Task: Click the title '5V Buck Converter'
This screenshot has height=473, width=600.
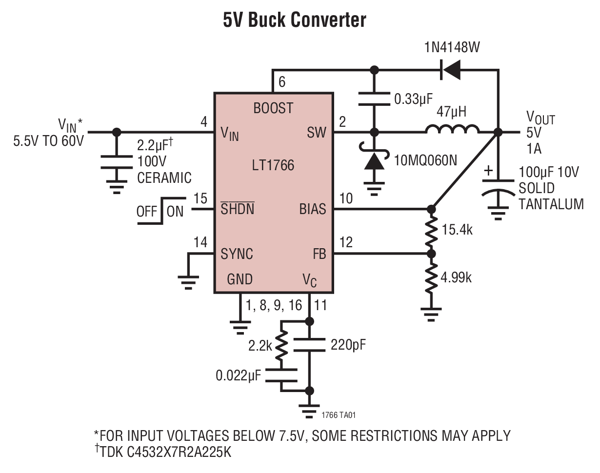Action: [295, 20]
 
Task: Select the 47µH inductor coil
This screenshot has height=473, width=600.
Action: [452, 130]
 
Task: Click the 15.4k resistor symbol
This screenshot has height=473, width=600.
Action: [431, 232]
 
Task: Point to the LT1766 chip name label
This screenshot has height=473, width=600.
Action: [274, 165]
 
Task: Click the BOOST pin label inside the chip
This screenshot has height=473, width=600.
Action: [273, 108]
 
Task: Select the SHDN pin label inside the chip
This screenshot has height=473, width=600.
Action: [238, 210]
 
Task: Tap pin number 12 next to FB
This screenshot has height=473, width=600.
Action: [345, 242]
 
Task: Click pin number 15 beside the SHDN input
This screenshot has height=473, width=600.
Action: [200, 198]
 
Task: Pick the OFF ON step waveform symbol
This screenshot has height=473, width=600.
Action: [160, 211]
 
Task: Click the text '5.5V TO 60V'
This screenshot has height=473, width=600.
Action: [49, 142]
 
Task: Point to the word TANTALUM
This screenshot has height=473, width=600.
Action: [551, 204]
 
